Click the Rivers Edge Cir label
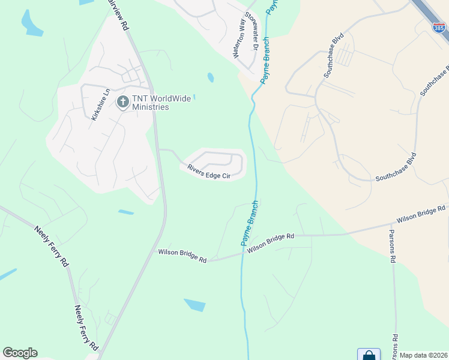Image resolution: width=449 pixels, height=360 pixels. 209,172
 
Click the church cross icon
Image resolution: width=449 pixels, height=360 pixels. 122,102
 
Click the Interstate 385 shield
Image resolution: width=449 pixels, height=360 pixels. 439,28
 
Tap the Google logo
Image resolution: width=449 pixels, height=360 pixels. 20,353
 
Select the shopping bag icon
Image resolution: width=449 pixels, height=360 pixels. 369,355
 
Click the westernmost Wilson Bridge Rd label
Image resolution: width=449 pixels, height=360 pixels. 182,256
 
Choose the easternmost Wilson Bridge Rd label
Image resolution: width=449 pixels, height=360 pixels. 421,215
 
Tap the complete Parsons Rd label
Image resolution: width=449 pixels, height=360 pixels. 393,246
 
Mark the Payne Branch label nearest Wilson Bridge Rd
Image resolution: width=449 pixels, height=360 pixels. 250,223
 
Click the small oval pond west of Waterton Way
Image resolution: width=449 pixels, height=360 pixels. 210,77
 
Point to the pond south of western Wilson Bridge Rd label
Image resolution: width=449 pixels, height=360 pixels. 194,305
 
